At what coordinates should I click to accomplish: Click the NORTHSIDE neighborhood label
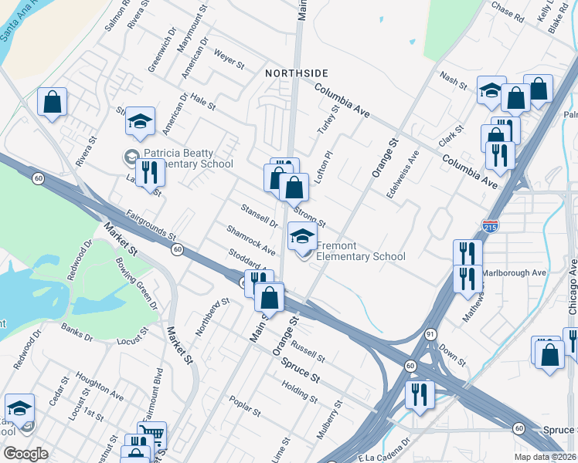[x=297, y=73]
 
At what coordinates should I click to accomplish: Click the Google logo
[x=25, y=454]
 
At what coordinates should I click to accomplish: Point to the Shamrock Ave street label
[x=251, y=240]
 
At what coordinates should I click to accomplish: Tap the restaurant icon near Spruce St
[x=420, y=394]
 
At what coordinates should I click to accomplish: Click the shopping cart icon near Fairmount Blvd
[x=151, y=434]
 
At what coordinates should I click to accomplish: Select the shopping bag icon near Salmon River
[x=52, y=102]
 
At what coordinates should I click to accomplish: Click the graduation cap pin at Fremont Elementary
[x=302, y=236]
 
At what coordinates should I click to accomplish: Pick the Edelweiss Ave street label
[x=403, y=174]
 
